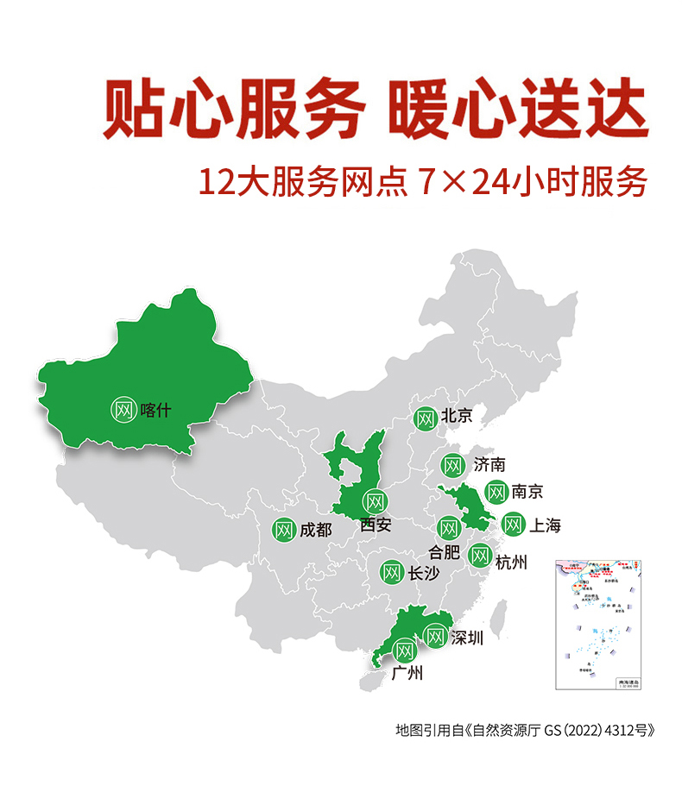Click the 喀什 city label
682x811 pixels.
click(x=156, y=410)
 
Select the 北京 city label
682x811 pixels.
click(x=457, y=416)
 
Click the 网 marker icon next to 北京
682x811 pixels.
click(x=425, y=419)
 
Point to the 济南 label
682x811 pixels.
click(x=489, y=465)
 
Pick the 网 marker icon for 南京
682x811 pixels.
click(x=496, y=493)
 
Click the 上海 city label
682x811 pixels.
click(x=544, y=525)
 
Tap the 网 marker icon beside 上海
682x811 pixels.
click(x=513, y=525)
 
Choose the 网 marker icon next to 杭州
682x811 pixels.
click(x=480, y=556)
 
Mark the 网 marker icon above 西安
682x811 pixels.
click(x=375, y=501)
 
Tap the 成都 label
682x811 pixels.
click(x=315, y=530)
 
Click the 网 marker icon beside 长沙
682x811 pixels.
click(x=391, y=571)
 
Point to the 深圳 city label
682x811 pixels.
click(x=466, y=638)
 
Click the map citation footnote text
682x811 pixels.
click(x=519, y=730)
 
